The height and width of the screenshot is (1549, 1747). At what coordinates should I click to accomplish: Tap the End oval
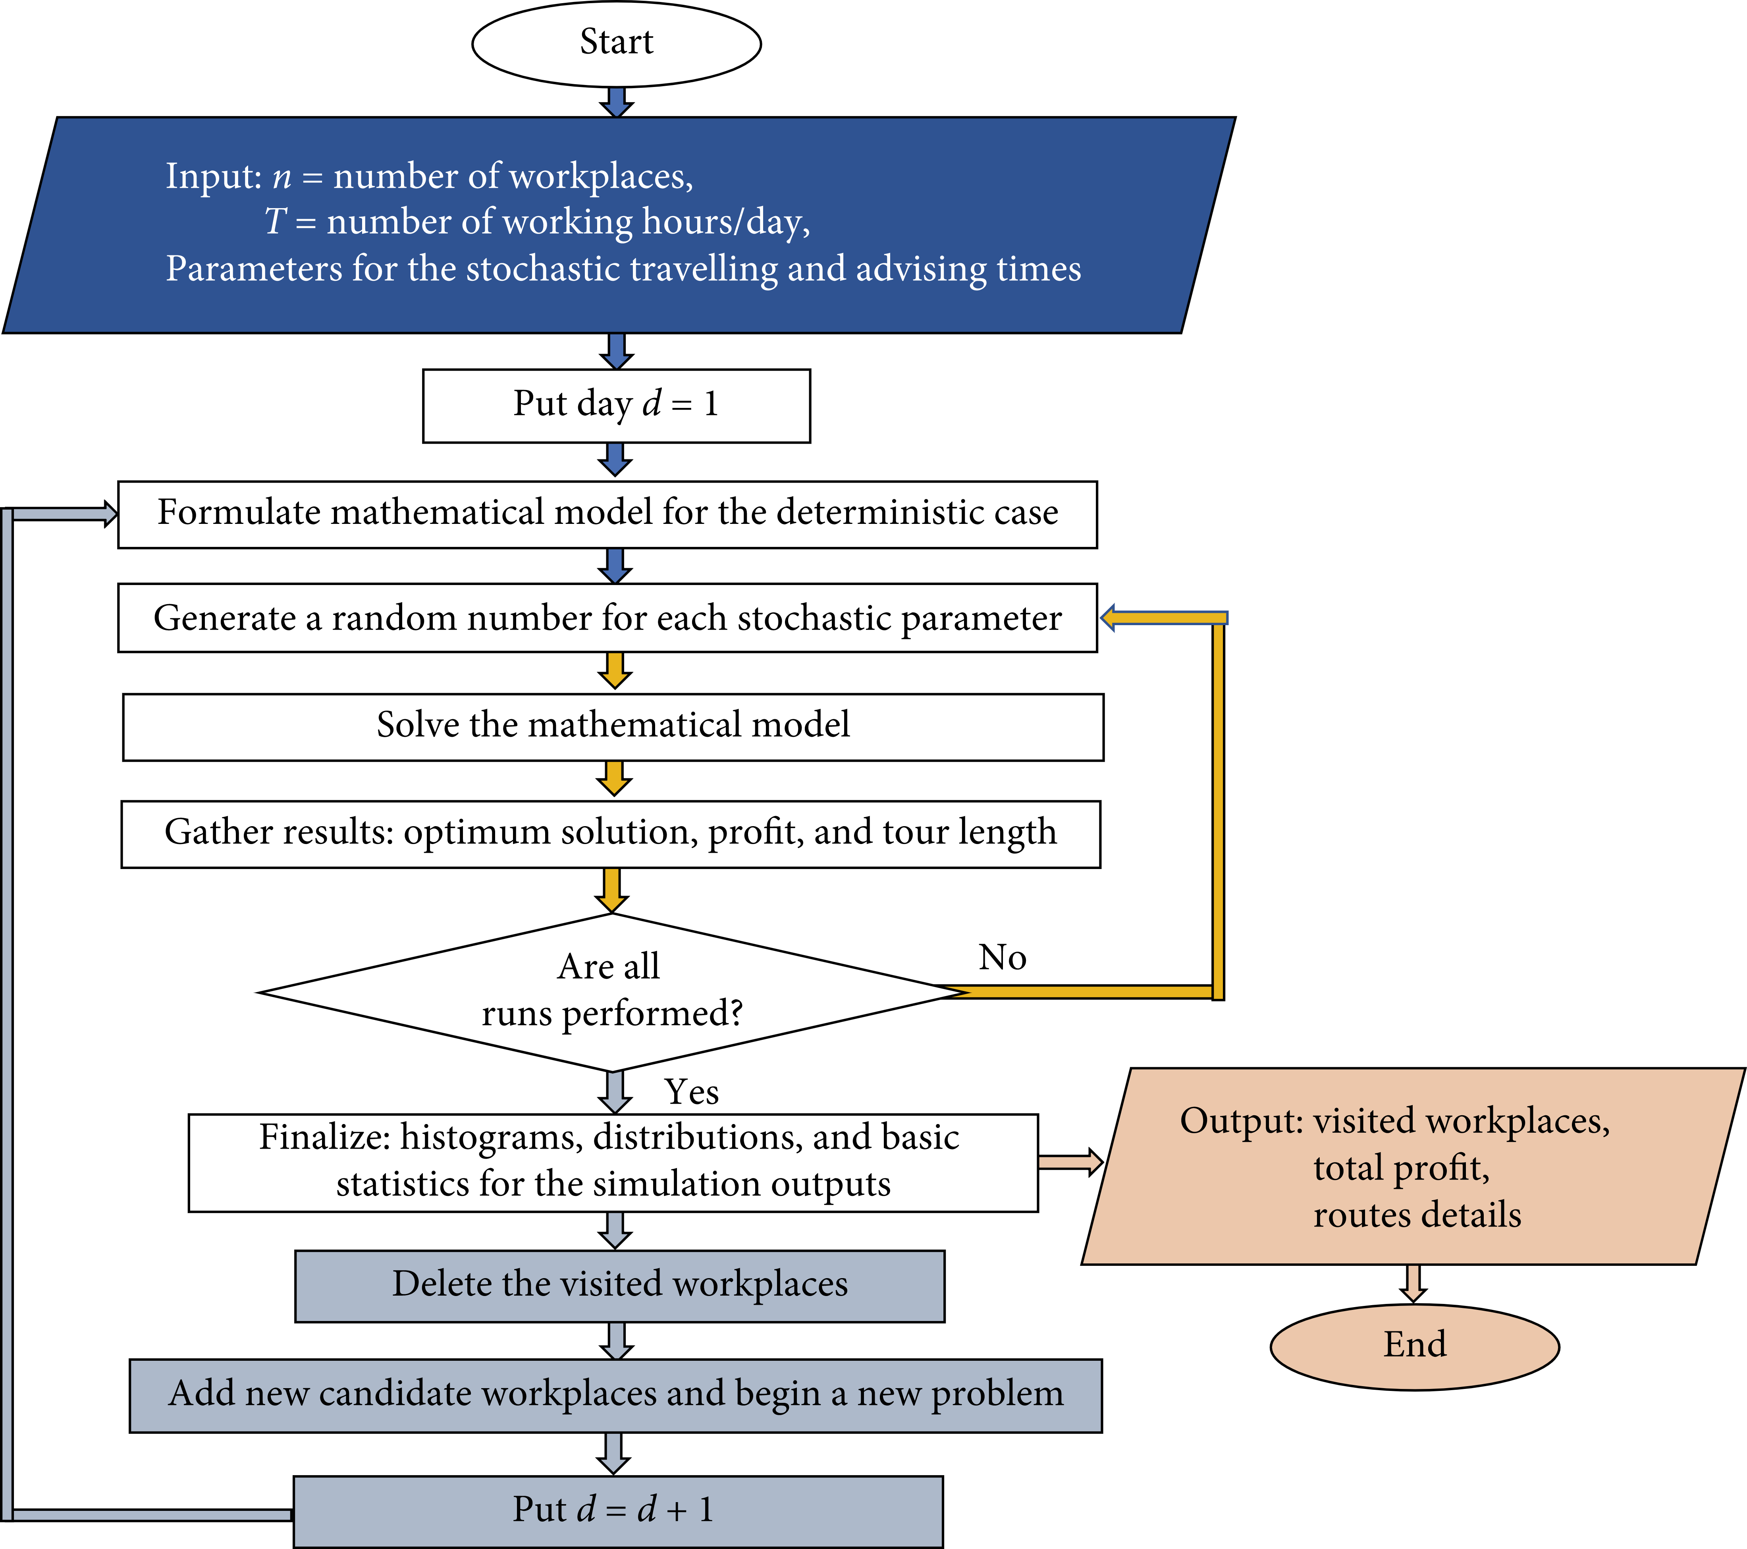1415,1346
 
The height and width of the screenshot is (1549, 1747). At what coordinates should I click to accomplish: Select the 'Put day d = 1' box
616,405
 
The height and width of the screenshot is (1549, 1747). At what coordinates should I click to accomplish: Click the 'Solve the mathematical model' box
613,726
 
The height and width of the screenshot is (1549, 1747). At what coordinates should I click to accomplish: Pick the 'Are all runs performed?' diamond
612,992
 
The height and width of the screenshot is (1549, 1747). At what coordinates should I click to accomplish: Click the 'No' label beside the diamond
1002,958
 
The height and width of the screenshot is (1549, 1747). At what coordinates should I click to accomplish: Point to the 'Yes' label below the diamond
691,1092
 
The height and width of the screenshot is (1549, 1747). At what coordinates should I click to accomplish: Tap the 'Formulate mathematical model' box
607,514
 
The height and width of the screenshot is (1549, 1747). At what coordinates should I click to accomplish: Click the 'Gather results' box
610,834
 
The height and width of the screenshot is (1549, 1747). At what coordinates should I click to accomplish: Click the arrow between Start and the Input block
616,102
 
